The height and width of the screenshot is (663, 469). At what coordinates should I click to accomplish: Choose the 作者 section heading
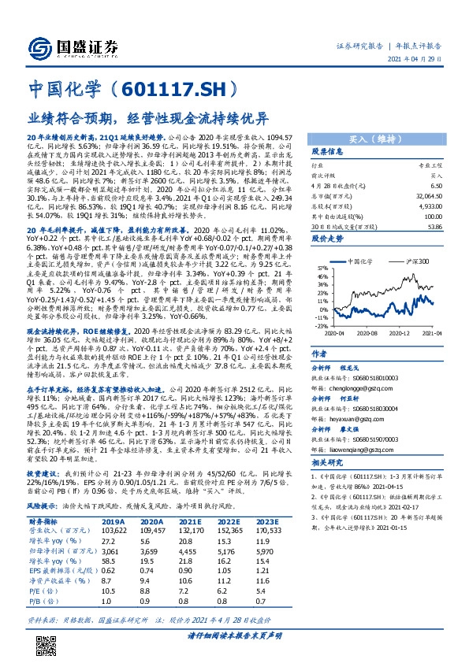coord(319,354)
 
